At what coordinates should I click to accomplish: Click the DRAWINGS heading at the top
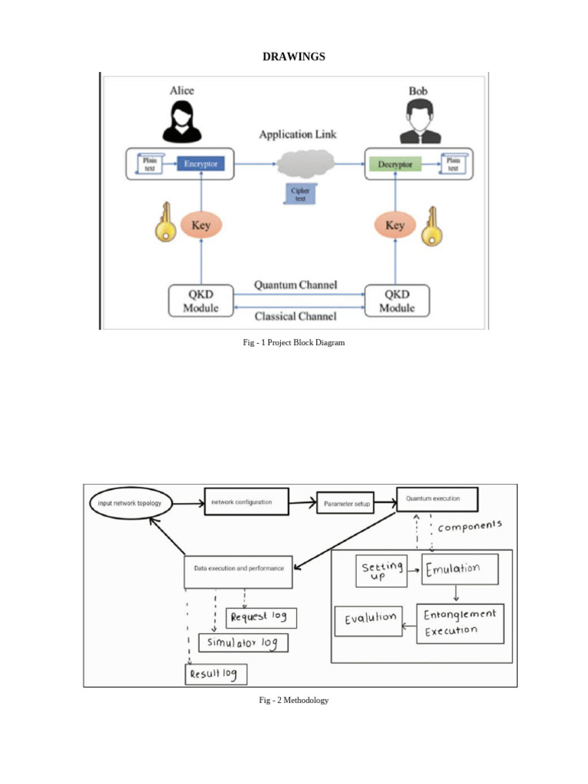(x=294, y=57)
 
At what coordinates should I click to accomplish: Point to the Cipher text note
(x=299, y=194)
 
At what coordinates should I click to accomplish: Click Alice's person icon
(x=182, y=121)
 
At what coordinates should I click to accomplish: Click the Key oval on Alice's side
(x=201, y=225)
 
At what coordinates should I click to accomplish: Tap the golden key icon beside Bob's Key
(x=433, y=226)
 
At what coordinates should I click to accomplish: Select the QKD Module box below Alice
(x=201, y=301)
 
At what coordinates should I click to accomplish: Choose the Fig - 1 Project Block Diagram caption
(x=294, y=343)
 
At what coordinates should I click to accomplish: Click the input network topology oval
(x=131, y=503)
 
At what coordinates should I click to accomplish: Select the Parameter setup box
(x=345, y=504)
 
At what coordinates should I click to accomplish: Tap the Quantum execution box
(x=437, y=499)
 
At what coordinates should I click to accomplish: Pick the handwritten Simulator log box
(x=243, y=642)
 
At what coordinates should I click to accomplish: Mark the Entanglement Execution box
(x=460, y=623)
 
